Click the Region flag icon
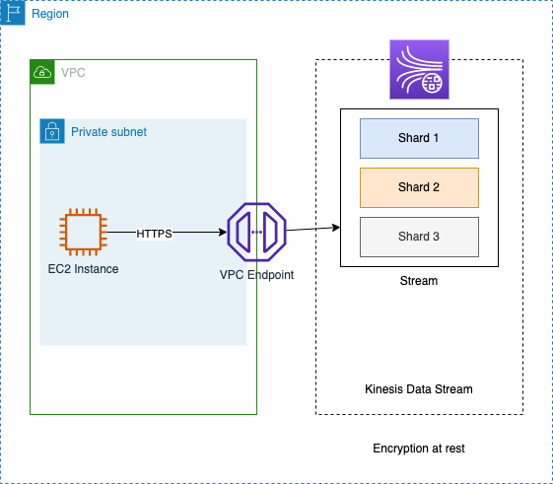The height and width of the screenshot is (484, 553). (x=13, y=13)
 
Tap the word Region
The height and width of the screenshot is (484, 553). (x=50, y=14)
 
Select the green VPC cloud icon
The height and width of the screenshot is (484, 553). (x=42, y=72)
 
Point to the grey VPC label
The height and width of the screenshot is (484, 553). (x=73, y=73)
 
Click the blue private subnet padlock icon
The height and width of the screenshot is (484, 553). (x=52, y=131)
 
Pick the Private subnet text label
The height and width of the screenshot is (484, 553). (x=108, y=132)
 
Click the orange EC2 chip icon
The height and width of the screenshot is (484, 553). (x=83, y=232)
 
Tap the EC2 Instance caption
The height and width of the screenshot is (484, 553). (x=83, y=269)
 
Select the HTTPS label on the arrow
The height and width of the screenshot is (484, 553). (x=154, y=234)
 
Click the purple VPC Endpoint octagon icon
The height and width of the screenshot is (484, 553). (x=256, y=232)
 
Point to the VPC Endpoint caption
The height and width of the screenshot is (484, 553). (x=256, y=275)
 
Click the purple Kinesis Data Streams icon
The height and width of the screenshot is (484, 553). (x=419, y=70)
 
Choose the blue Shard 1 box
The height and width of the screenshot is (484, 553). (x=419, y=138)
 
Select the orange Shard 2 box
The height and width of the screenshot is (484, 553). (x=419, y=187)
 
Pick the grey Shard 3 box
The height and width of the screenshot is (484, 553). (x=419, y=237)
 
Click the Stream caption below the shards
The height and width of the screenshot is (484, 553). (x=419, y=281)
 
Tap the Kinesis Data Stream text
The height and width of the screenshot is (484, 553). (x=419, y=389)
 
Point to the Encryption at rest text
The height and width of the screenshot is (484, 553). (x=419, y=449)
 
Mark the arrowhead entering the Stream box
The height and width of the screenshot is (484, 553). (x=336, y=228)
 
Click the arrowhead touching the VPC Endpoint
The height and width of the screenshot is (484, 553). (x=223, y=232)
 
